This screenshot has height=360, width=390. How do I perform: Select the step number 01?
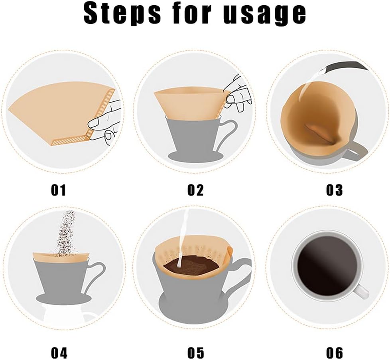(x=58, y=190)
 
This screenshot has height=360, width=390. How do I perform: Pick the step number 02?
(x=195, y=190)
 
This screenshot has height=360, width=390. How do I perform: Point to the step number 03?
(x=334, y=190)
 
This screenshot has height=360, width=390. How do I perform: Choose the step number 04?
(x=59, y=353)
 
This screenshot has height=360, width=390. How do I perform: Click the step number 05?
(x=195, y=353)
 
